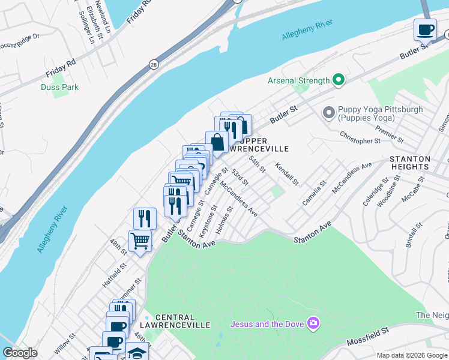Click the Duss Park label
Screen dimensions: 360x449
click(x=59, y=88)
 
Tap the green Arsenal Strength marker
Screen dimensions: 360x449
click(x=339, y=80)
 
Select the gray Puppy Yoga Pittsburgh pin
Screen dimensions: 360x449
click(x=328, y=112)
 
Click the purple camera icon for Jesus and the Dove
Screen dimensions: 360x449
click(x=313, y=324)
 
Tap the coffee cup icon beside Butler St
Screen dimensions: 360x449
click(x=425, y=29)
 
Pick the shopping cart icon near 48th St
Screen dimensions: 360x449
click(x=140, y=241)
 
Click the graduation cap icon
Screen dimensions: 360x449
click(x=137, y=353)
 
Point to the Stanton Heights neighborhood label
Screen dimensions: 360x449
click(x=410, y=163)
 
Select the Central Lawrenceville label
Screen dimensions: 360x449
click(x=182, y=321)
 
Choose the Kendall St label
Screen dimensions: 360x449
click(x=287, y=173)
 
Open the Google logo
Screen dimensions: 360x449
click(x=20, y=353)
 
